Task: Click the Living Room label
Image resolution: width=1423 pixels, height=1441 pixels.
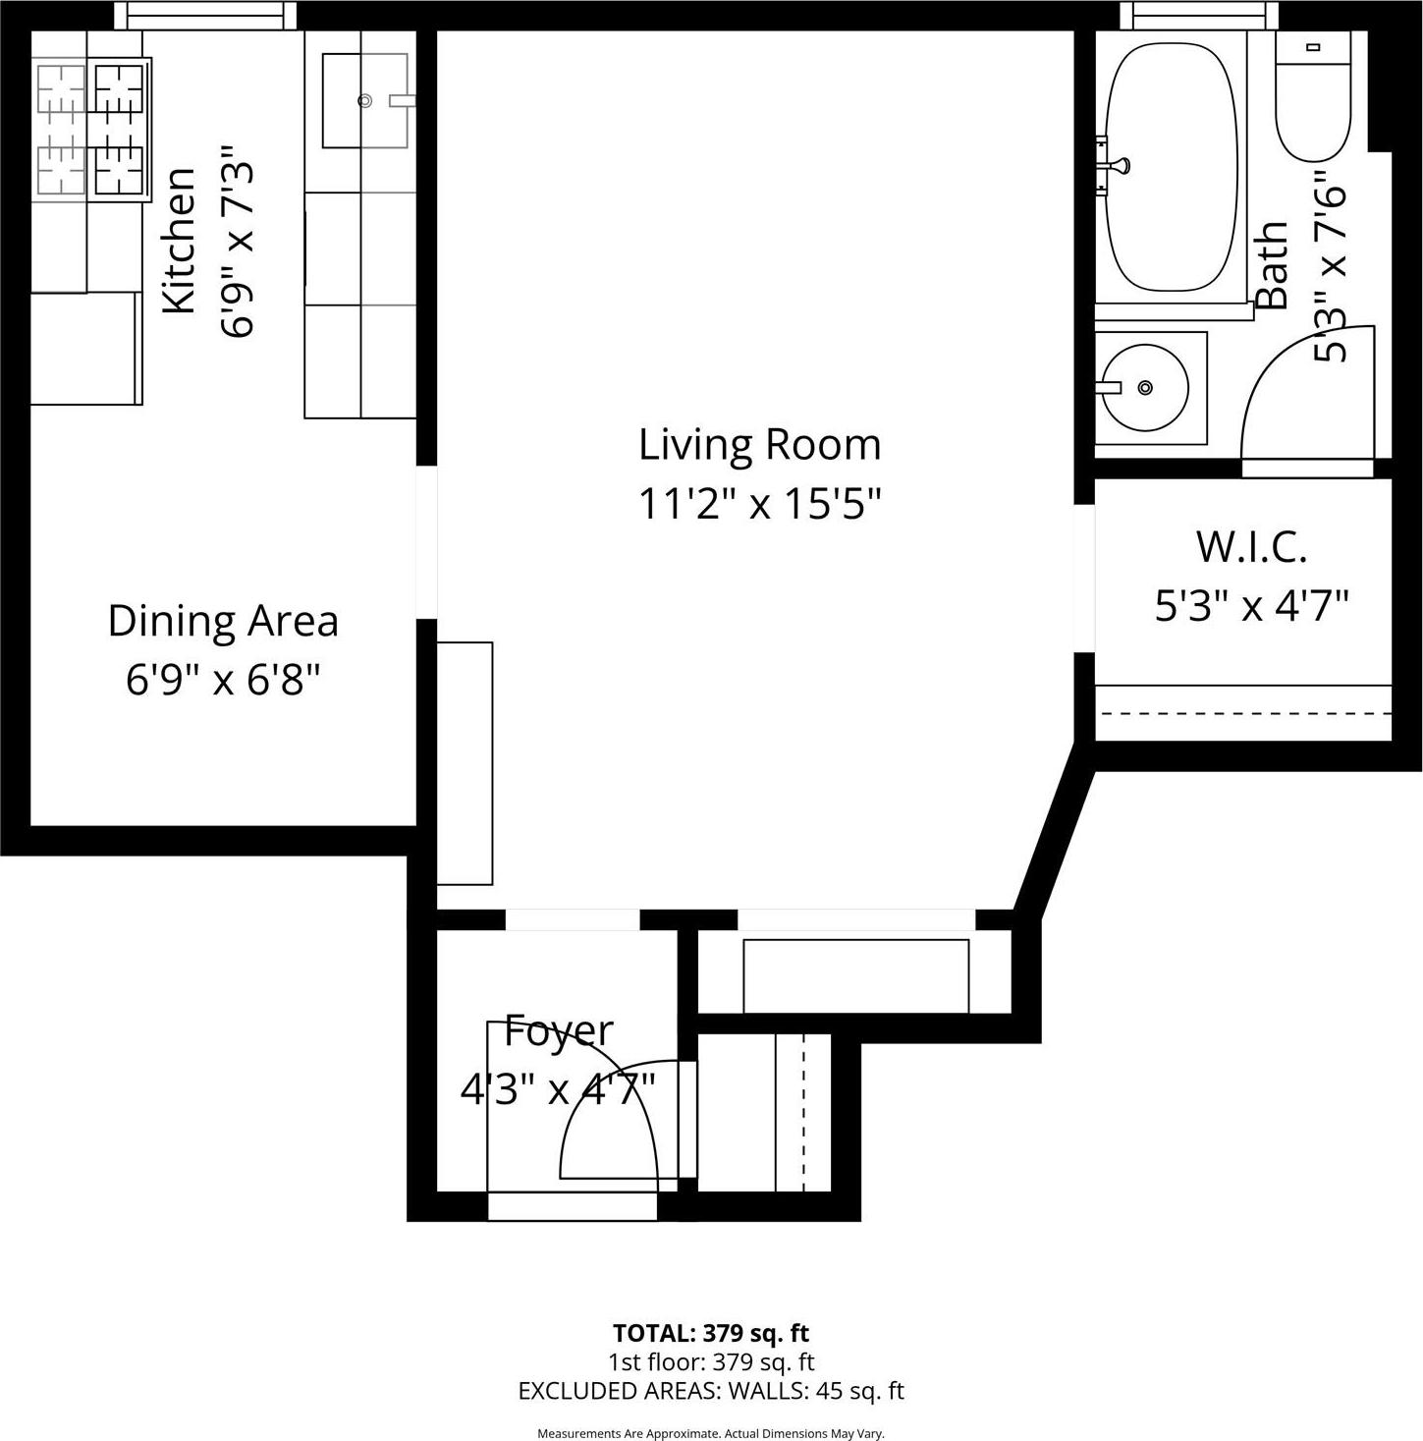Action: (x=759, y=444)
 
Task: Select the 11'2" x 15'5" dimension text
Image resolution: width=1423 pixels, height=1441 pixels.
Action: (x=759, y=504)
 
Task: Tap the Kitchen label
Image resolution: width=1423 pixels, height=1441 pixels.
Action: (x=180, y=241)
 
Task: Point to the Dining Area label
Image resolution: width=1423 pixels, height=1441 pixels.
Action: (x=223, y=621)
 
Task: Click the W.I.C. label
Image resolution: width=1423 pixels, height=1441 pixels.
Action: (x=1251, y=546)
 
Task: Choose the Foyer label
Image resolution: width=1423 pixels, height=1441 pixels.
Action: (x=558, y=1031)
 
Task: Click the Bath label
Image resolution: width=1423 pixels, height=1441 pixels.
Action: (x=1272, y=265)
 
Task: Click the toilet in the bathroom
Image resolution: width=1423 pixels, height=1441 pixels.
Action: (x=1313, y=98)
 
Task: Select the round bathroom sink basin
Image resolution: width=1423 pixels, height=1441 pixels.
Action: (x=1145, y=388)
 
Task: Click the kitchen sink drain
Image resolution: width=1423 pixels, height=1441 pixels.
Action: (x=365, y=100)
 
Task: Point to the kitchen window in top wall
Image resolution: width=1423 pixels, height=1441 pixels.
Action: (x=205, y=15)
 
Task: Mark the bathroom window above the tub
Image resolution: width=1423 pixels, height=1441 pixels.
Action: (x=1199, y=15)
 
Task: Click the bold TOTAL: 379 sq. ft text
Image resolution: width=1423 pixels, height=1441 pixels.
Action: (x=711, y=1333)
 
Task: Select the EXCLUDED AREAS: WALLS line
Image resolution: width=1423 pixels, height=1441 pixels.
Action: (x=711, y=1391)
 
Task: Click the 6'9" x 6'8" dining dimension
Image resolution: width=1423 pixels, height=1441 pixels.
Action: (x=223, y=680)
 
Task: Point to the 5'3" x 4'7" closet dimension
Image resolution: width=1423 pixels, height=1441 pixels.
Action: (x=1251, y=606)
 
